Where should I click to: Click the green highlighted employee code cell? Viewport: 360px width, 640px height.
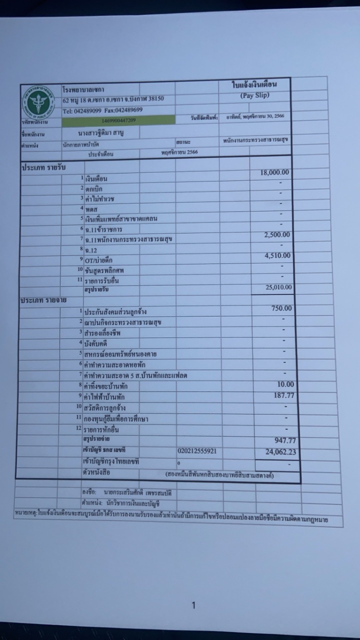(118, 120)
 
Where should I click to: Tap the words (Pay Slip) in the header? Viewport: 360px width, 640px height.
(254, 95)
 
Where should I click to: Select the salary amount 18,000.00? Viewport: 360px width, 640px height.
(274, 172)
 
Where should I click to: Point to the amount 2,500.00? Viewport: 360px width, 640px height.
(277, 235)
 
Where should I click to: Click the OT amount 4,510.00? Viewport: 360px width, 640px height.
(277, 256)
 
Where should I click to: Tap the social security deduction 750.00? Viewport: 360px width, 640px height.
(281, 308)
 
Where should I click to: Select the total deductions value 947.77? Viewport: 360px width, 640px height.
(285, 440)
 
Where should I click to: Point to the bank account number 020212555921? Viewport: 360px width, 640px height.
(197, 451)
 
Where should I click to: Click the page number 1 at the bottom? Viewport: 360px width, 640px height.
(193, 606)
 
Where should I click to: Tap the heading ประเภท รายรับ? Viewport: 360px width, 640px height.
(43, 167)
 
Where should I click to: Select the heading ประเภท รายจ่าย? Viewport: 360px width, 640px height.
(44, 300)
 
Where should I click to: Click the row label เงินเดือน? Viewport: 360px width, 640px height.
(96, 179)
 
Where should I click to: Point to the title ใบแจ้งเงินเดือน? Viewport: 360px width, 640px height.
(254, 85)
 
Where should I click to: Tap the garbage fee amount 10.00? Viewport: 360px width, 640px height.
(285, 384)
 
